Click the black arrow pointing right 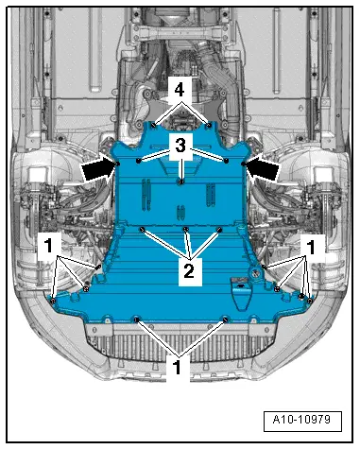(x=96, y=167)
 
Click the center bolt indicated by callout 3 (x=180, y=179)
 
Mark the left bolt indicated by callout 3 (x=139, y=162)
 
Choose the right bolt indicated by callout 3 (x=227, y=161)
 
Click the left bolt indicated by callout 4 (x=152, y=123)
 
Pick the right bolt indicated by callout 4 (x=209, y=123)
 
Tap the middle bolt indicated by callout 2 (x=186, y=229)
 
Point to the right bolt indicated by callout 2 (x=220, y=229)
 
